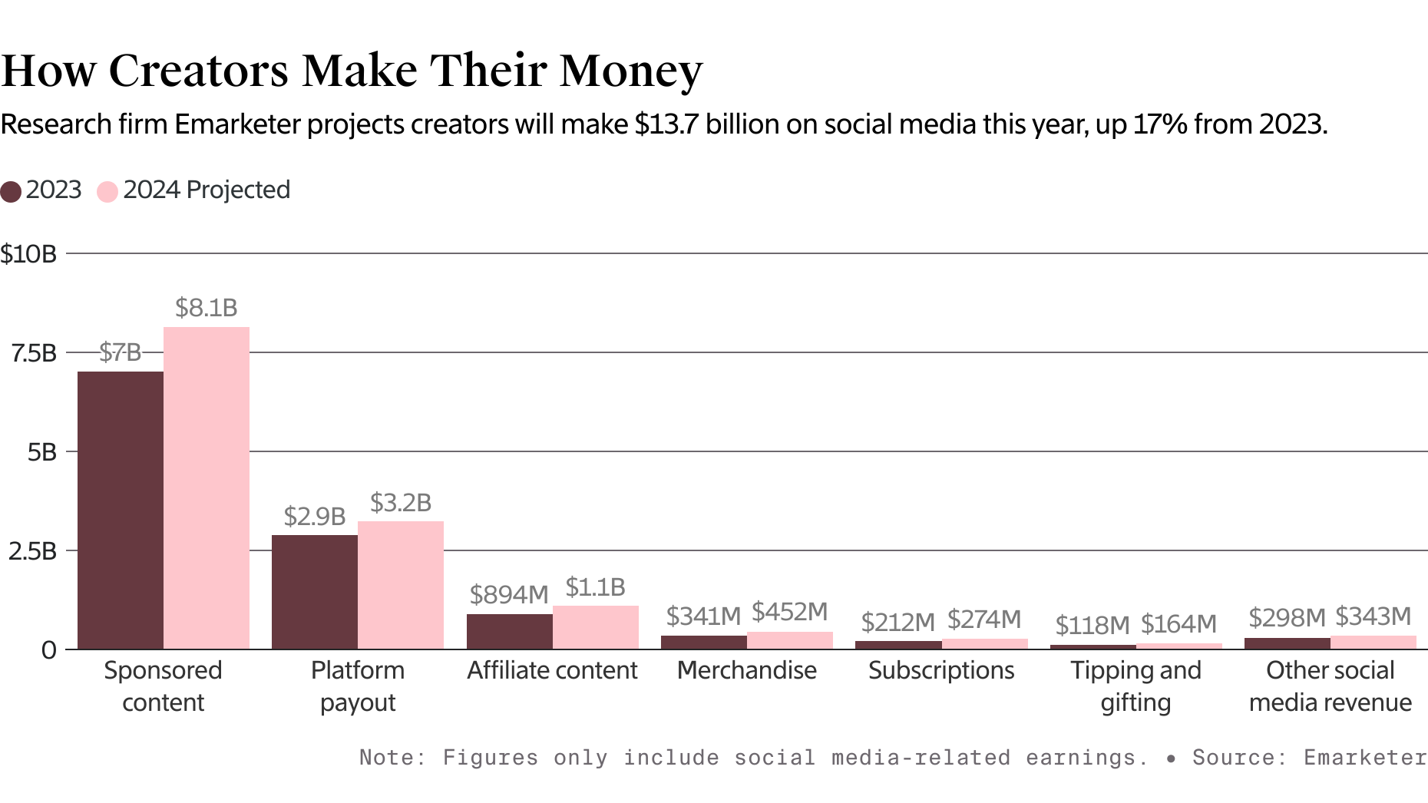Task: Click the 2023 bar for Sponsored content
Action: pyautogui.click(x=121, y=511)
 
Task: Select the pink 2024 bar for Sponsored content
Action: pyautogui.click(x=207, y=487)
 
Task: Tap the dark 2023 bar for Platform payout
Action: pyautogui.click(x=315, y=592)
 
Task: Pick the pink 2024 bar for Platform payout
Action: pyautogui.click(x=401, y=585)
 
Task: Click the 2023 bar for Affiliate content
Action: pyautogui.click(x=510, y=631)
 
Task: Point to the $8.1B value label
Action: pyautogui.click(x=207, y=308)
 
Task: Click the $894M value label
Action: pyautogui.click(x=509, y=594)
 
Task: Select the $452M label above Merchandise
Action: pyautogui.click(x=790, y=612)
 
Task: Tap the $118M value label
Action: pyautogui.click(x=1092, y=625)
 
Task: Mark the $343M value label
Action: pyautogui.click(x=1373, y=616)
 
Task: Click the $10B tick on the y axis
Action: pyautogui.click(x=29, y=254)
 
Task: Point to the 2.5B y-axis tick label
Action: pyautogui.click(x=33, y=551)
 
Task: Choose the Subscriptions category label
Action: pyautogui.click(x=941, y=670)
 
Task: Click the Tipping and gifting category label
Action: pyautogui.click(x=1136, y=686)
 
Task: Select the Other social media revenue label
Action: pyautogui.click(x=1330, y=686)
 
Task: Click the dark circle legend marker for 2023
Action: pyautogui.click(x=11, y=191)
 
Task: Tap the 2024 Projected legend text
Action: pyautogui.click(x=207, y=190)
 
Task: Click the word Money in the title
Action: pyautogui.click(x=631, y=71)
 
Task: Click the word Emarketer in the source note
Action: pyautogui.click(x=1364, y=758)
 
